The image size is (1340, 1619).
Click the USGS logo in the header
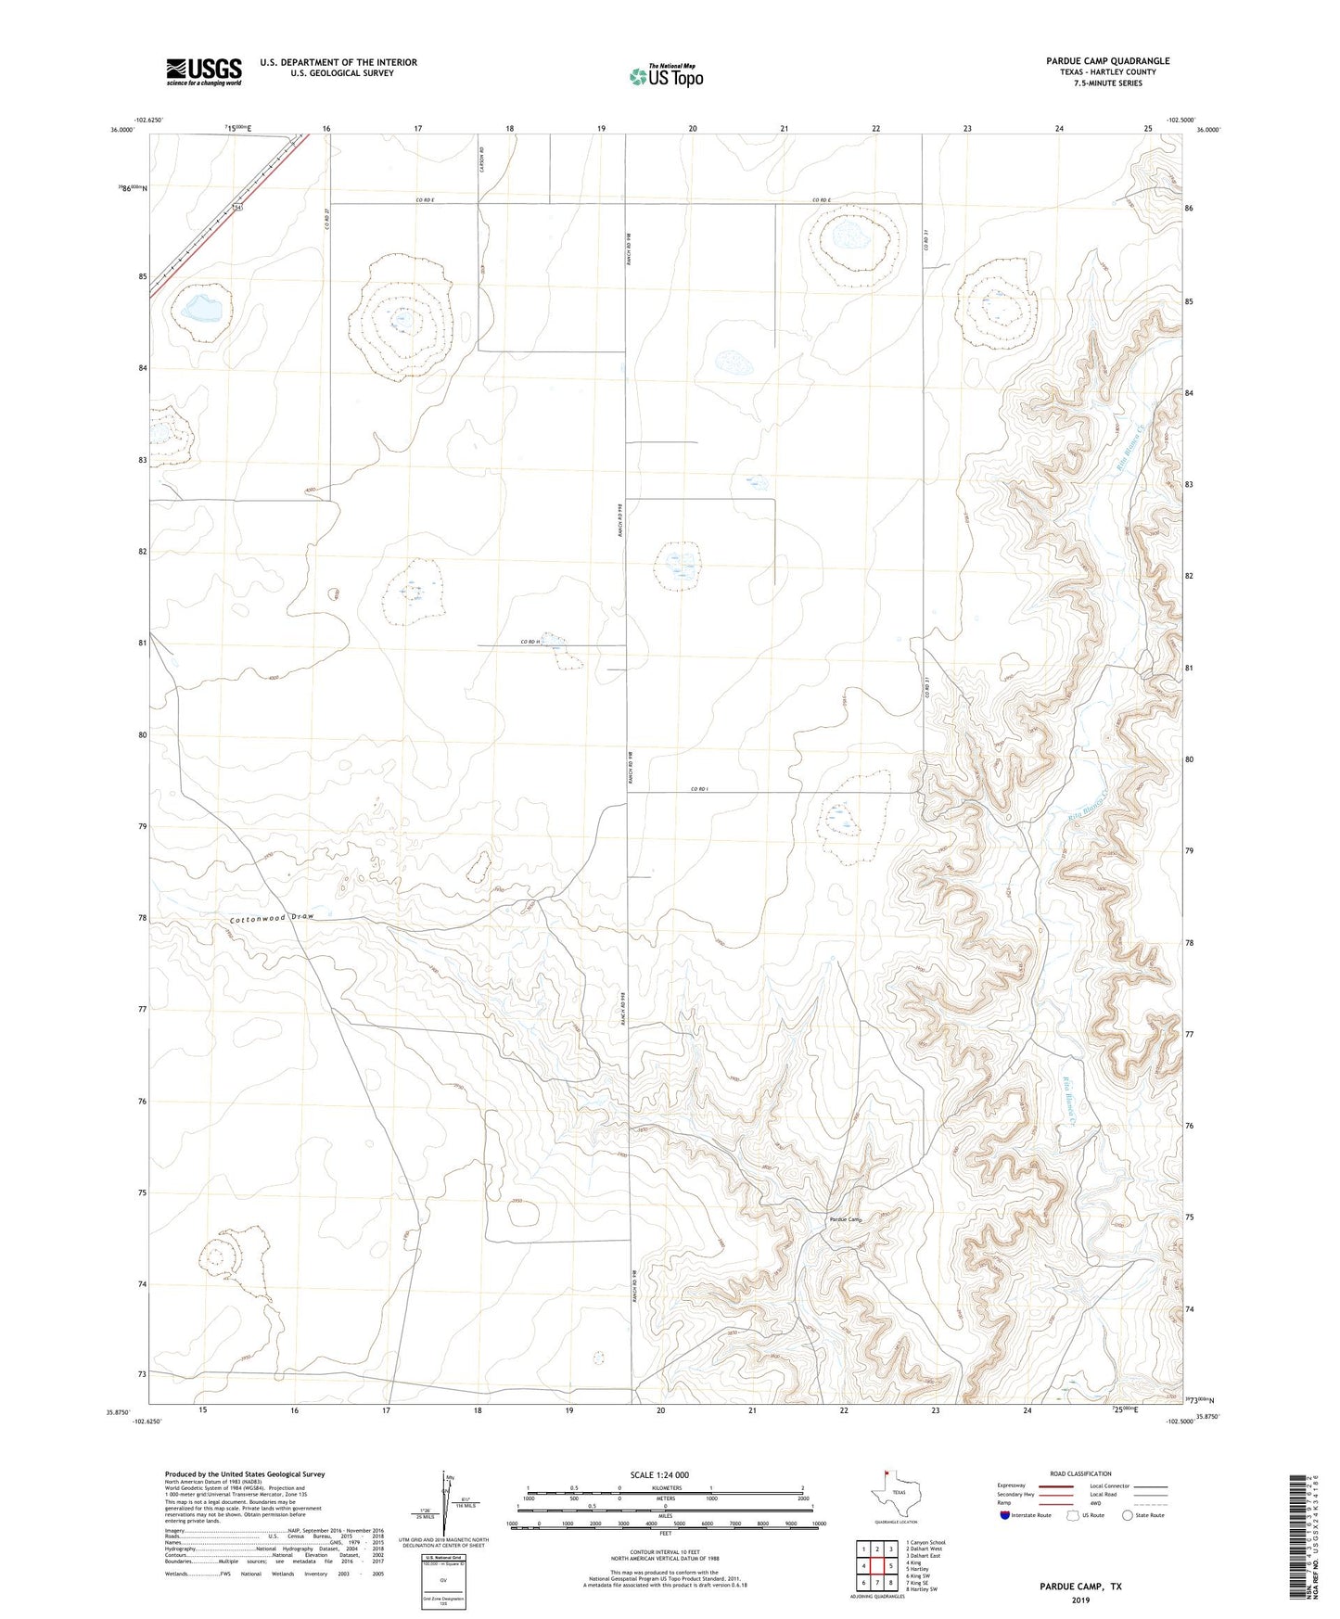click(204, 71)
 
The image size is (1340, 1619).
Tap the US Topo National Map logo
click(666, 75)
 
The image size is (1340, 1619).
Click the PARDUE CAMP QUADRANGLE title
click(1107, 61)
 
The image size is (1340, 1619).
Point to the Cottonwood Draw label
click(273, 917)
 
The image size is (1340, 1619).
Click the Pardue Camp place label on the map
click(845, 1219)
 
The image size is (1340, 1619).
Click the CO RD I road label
click(699, 789)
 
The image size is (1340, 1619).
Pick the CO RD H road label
click(530, 642)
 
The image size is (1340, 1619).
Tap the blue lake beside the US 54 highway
click(206, 306)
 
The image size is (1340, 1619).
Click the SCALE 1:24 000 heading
click(659, 1474)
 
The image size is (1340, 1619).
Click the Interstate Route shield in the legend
click(1005, 1515)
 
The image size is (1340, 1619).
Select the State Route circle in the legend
click(1128, 1515)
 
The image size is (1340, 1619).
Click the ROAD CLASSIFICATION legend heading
click(1081, 1473)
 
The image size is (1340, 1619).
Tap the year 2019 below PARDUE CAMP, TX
click(1079, 1600)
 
